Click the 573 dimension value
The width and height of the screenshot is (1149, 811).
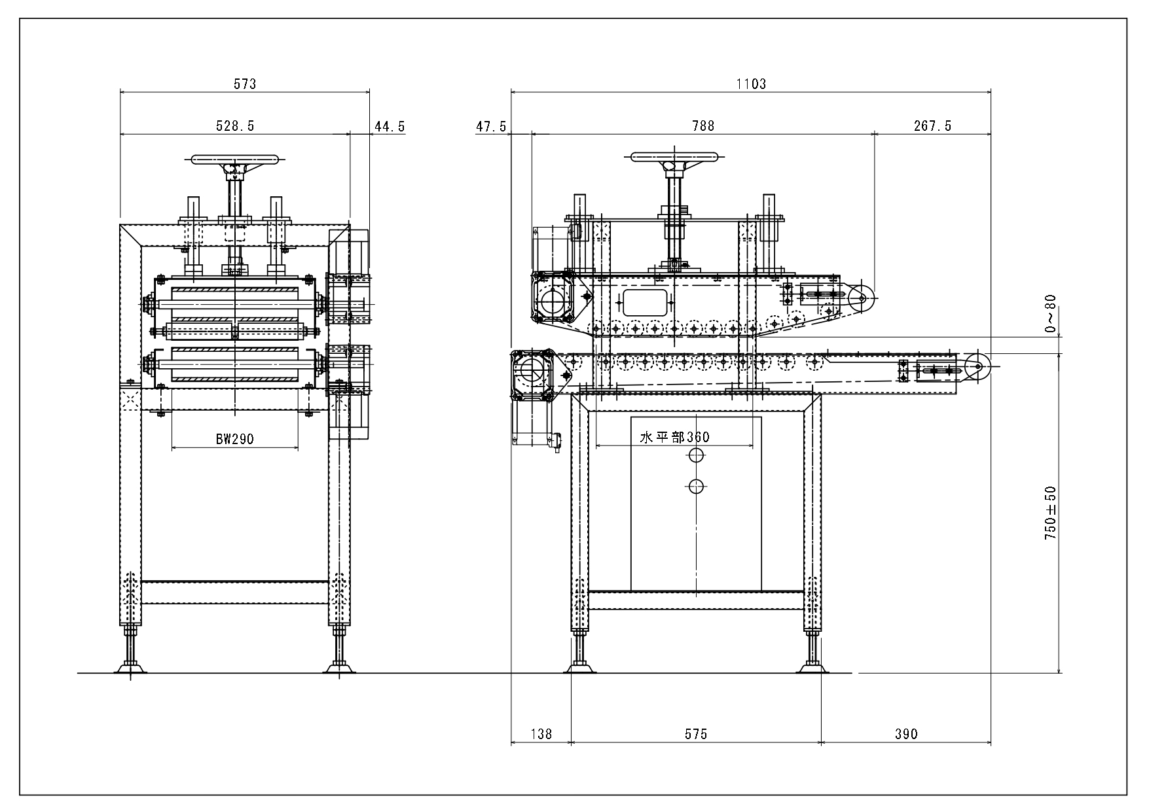[x=245, y=84]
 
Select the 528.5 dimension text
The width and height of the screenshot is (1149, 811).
[x=235, y=126]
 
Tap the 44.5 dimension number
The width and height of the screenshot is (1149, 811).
[x=389, y=126]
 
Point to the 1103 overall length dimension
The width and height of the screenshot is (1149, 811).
[x=750, y=84]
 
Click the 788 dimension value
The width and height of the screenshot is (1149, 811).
[x=703, y=126]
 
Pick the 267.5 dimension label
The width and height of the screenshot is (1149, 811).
[x=933, y=126]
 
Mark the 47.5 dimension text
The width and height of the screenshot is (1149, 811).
[x=491, y=126]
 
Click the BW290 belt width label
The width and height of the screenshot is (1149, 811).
[x=235, y=439]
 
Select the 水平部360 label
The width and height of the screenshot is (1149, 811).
[x=674, y=437]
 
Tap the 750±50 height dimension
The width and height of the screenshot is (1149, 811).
[x=1050, y=513]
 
